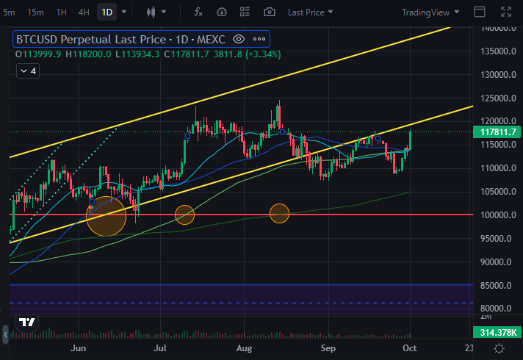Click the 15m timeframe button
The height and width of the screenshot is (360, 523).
click(x=35, y=12)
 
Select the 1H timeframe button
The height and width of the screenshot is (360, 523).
click(x=61, y=12)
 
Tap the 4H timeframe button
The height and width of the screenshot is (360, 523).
click(x=84, y=12)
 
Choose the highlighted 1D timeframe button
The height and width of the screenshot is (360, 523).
click(x=107, y=12)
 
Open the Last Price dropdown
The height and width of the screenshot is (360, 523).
click(x=310, y=12)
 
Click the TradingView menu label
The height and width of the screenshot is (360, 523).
click(x=431, y=12)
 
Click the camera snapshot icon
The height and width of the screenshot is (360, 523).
click(x=270, y=12)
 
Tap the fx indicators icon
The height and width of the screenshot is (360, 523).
click(x=198, y=12)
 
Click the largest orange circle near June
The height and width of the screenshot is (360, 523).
click(x=107, y=215)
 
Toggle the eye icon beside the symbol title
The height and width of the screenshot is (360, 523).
click(x=238, y=39)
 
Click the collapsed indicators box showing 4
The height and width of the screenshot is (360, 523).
click(x=28, y=71)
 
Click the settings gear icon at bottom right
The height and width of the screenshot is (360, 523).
click(x=499, y=348)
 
